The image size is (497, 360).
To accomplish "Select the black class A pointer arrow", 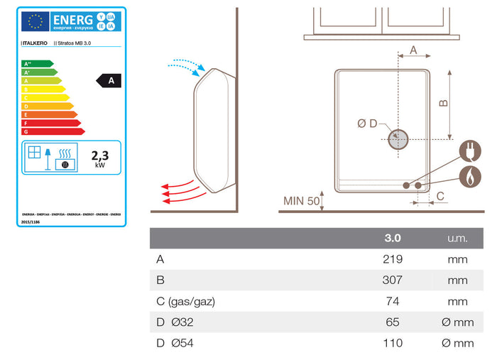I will pyautogui.click(x=109, y=81).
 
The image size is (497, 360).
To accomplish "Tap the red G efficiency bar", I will pyautogui.click(x=53, y=131).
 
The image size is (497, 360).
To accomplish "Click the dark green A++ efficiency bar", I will pyautogui.click(x=38, y=63).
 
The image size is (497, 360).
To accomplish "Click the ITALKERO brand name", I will pyautogui.click(x=35, y=43).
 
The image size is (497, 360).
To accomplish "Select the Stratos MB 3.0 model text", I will pyautogui.click(x=74, y=43).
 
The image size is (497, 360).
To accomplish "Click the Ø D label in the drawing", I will pyautogui.click(x=368, y=124).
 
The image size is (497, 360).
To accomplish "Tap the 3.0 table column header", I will pyautogui.click(x=393, y=238).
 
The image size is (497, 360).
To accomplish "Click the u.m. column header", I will pyautogui.click(x=457, y=238).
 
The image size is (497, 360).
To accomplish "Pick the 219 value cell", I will pyautogui.click(x=393, y=259).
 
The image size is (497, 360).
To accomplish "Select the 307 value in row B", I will pyautogui.click(x=393, y=280).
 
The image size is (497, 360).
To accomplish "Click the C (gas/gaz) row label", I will pyautogui.click(x=186, y=301).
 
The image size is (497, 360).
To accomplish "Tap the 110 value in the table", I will pyautogui.click(x=393, y=343).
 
